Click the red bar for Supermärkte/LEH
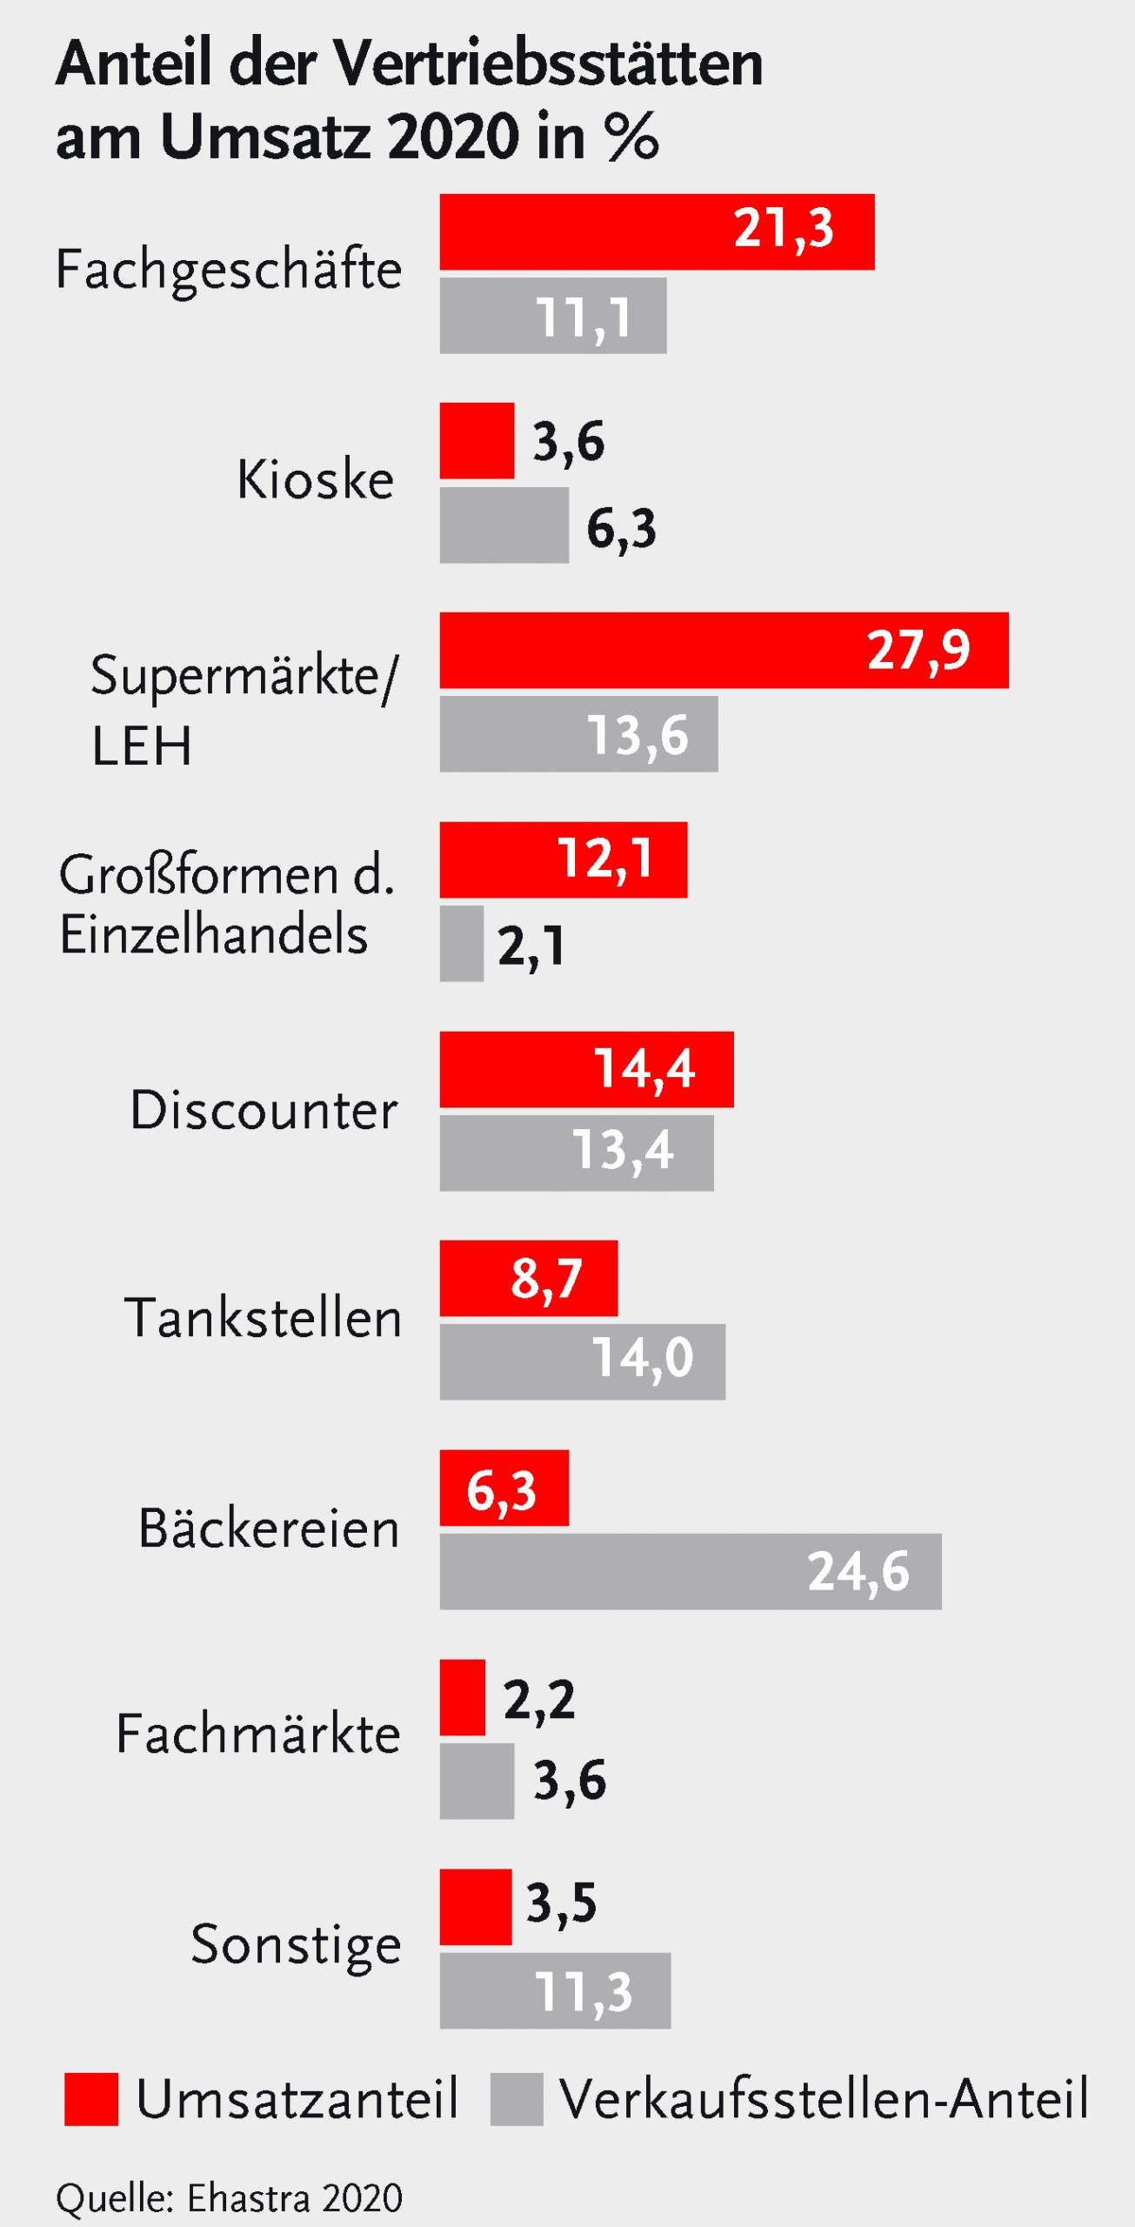[724, 650]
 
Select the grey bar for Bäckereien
[690, 1571]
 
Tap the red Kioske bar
[477, 440]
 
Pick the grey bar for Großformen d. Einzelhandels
[461, 944]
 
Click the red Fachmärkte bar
[462, 1697]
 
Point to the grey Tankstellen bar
[582, 1361]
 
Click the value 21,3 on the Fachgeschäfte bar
[784, 229]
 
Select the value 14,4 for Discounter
[644, 1068]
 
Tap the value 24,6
[858, 1572]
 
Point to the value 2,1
[531, 946]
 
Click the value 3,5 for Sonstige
[561, 1903]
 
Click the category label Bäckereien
[269, 1528]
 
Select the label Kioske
[315, 479]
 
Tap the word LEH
[141, 746]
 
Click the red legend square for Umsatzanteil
[91, 2099]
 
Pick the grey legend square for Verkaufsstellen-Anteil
[517, 2099]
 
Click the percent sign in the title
[633, 137]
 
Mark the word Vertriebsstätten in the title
[548, 64]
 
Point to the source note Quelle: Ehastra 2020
[230, 2198]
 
